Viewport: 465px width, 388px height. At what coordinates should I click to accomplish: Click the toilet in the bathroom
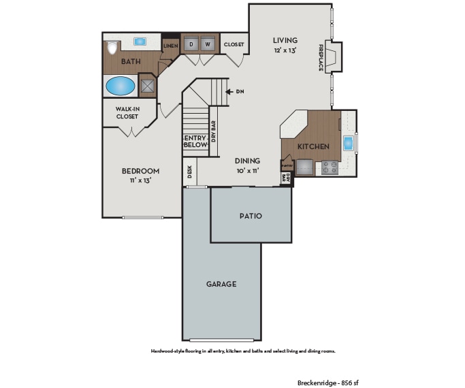[x=112, y=48]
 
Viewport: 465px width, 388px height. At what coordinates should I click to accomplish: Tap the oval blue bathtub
[x=121, y=86]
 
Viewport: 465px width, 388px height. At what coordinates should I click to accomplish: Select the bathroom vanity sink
[x=140, y=42]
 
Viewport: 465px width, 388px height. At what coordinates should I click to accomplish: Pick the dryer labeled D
[x=191, y=44]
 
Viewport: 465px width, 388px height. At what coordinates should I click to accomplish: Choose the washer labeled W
[x=208, y=44]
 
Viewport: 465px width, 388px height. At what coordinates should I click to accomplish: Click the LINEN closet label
[x=170, y=46]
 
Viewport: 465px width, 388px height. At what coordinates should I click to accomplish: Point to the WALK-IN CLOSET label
[x=127, y=113]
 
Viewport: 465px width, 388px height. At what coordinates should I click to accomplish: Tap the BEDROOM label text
[x=140, y=171]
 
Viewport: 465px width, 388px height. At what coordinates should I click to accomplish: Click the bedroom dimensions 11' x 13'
[x=140, y=181]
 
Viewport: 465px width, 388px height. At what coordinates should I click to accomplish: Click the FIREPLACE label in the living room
[x=321, y=59]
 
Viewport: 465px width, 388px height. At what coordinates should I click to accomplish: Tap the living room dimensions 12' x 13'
[x=286, y=50]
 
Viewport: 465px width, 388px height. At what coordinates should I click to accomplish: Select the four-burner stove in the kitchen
[x=331, y=166]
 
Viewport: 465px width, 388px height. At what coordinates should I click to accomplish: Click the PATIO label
[x=251, y=216]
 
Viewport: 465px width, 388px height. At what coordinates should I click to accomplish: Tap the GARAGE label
[x=221, y=284]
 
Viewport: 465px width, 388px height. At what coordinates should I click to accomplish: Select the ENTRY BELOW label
[x=195, y=141]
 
